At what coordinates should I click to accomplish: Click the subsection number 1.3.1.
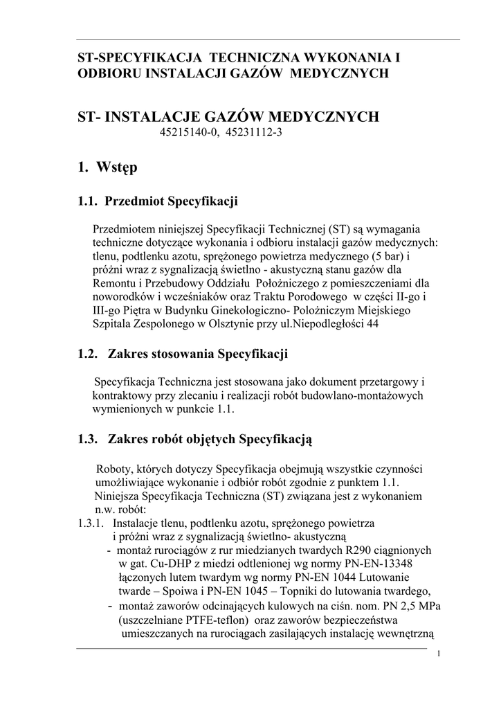point(91,523)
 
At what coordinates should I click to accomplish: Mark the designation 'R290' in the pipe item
point(348,550)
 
